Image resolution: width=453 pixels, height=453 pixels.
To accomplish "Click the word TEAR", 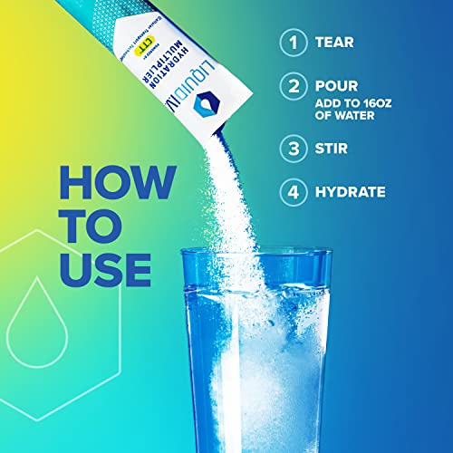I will pyautogui.click(x=335, y=42).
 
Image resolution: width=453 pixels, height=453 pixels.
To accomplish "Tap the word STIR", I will pyautogui.click(x=334, y=148).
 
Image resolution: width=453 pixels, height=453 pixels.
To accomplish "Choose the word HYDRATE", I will pyautogui.click(x=352, y=192).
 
